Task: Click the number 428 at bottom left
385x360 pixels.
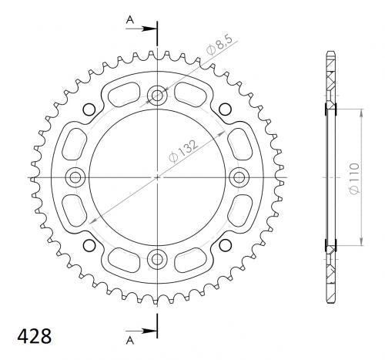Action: click(x=35, y=336)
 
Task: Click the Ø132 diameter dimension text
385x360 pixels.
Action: click(x=184, y=151)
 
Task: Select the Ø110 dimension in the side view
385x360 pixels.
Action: click(x=354, y=178)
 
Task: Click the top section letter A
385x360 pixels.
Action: click(x=130, y=20)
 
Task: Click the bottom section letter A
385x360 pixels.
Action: click(x=130, y=340)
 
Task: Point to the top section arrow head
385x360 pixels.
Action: click(x=149, y=29)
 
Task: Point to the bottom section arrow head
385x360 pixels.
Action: click(x=149, y=331)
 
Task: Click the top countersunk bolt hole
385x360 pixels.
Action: click(x=157, y=96)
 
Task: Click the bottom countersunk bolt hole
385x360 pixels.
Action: click(x=157, y=259)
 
